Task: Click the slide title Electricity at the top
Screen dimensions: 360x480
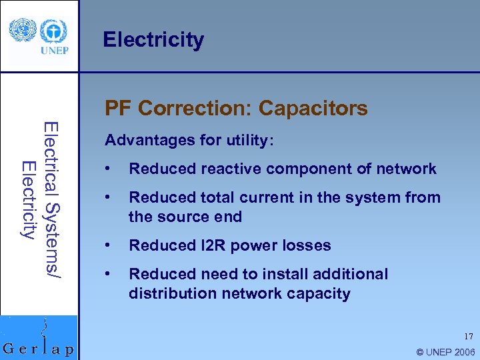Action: tap(153, 40)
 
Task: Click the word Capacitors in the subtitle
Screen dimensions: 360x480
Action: tap(313, 108)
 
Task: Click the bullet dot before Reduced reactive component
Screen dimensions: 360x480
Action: tap(108, 169)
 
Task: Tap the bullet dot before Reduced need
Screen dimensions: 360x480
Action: tap(108, 274)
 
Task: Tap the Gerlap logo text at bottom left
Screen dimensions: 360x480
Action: tap(39, 349)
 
